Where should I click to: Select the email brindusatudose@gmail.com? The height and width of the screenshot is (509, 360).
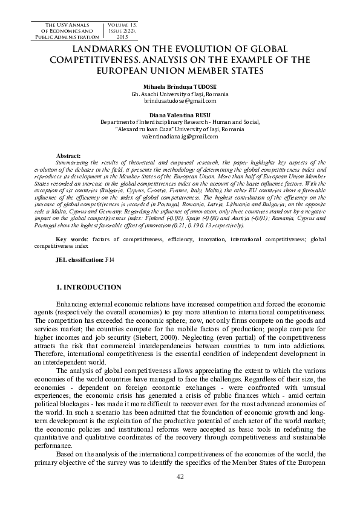tap(180, 102)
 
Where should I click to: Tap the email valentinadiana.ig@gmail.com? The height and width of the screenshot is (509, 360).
tap(180, 137)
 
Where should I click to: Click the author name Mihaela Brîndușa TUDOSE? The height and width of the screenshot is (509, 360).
tap(180, 87)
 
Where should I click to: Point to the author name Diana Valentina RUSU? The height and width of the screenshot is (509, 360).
tap(180, 114)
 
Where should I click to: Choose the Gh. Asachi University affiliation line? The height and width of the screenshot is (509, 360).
tap(180, 94)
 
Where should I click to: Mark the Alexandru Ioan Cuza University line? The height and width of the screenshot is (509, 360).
tap(180, 129)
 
